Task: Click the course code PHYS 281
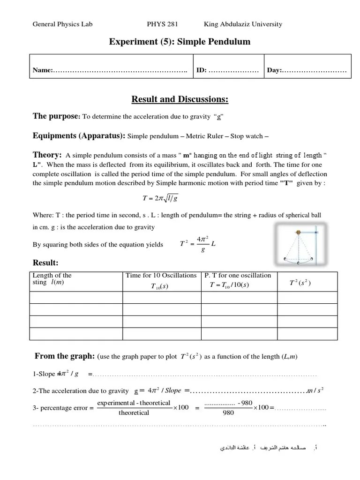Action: point(162,24)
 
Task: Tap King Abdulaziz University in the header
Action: point(243,24)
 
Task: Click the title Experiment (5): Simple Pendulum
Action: point(180,42)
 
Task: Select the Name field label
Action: point(42,71)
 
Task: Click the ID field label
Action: point(202,71)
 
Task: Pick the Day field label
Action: point(274,71)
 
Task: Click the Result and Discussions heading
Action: point(180,99)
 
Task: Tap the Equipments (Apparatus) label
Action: point(78,136)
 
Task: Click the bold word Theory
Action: point(47,155)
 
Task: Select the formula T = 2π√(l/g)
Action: point(160,198)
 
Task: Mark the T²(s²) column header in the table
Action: point(300,283)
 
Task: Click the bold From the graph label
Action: point(65,356)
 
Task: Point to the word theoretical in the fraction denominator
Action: point(134,413)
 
